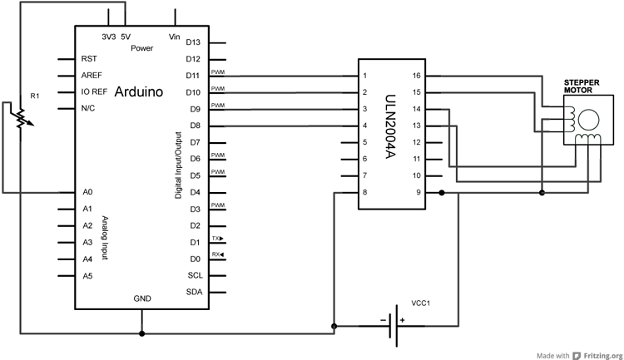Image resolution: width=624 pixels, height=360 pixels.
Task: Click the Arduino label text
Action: pos(138,91)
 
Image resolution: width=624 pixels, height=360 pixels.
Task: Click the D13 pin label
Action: pos(193,42)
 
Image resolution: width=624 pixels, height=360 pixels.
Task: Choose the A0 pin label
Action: pos(87,192)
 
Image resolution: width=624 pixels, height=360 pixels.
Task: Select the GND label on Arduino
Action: pos(142,298)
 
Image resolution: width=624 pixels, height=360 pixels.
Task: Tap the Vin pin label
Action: pos(175,37)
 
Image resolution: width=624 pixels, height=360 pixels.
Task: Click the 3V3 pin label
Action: pos(108,37)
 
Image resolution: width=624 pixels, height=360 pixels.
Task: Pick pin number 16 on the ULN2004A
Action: pos(416,75)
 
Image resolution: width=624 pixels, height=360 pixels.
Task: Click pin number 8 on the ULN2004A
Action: pos(364,192)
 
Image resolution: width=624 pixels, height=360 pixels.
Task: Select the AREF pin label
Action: pos(91,75)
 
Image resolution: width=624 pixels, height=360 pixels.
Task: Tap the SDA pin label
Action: pos(193,292)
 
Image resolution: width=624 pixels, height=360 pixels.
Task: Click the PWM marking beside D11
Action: pos(217,72)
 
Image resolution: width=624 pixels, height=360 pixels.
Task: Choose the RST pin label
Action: pos(88,59)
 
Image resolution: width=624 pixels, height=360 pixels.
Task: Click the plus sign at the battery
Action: pos(401,319)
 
